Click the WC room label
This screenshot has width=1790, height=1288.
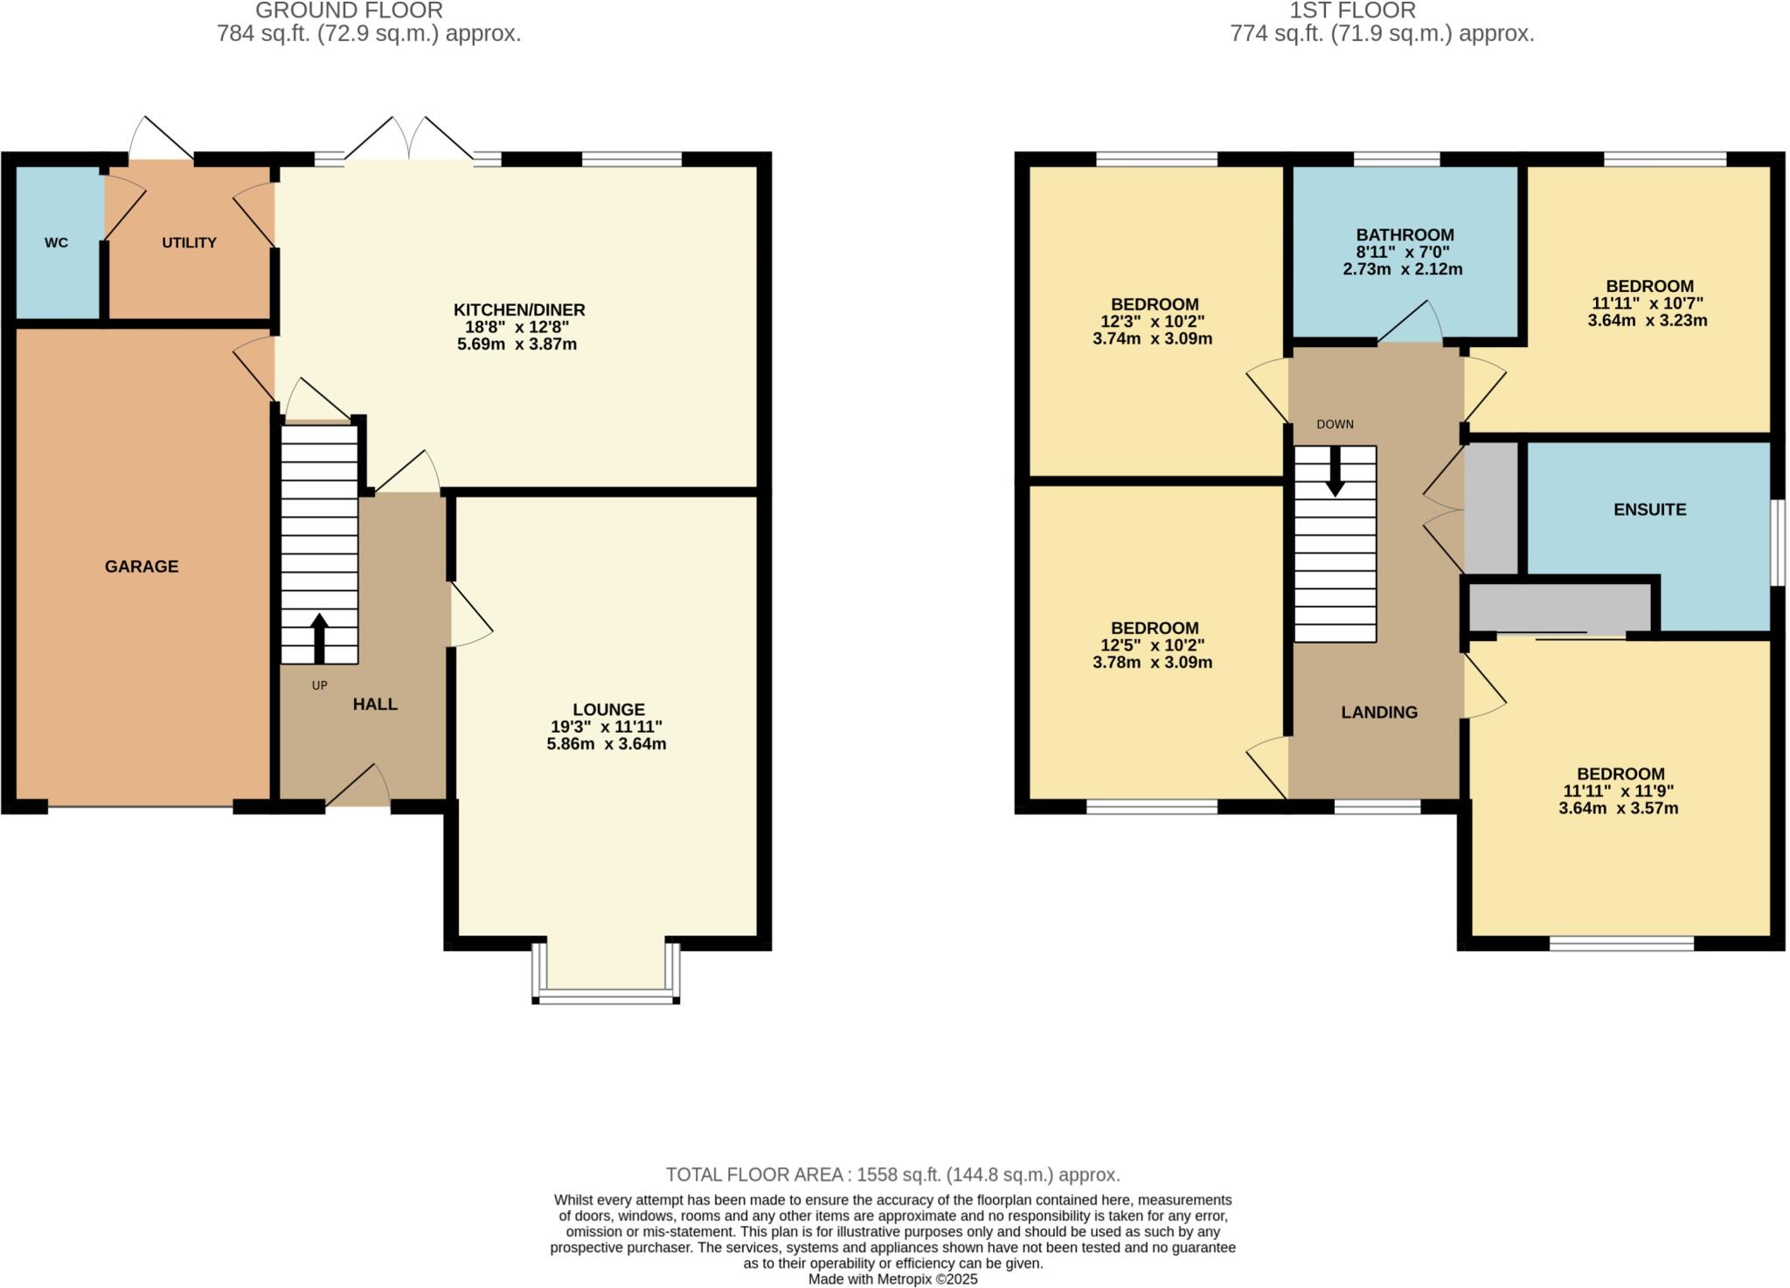click(x=56, y=243)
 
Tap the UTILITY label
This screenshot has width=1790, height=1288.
click(x=189, y=243)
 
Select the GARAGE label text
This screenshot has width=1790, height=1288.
click(x=142, y=567)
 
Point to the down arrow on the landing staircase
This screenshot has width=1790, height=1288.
click(x=1335, y=472)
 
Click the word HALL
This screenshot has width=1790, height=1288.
click(x=375, y=704)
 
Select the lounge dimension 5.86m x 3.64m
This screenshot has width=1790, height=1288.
click(x=607, y=744)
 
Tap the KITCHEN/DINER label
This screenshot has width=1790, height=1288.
click(x=519, y=310)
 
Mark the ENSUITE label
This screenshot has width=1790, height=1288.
click(x=1649, y=510)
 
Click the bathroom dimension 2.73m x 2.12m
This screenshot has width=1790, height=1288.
click(x=1403, y=269)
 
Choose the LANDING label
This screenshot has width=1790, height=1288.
click(x=1379, y=713)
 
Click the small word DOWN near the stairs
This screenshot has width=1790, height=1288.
click(x=1335, y=425)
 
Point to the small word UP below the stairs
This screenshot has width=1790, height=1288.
click(x=319, y=686)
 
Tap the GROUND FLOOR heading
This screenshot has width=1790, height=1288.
click(x=349, y=11)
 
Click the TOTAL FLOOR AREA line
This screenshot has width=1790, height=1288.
click(x=892, y=1174)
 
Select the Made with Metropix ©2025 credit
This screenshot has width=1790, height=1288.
click(x=892, y=1279)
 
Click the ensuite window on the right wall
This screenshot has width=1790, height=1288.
click(x=1777, y=542)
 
